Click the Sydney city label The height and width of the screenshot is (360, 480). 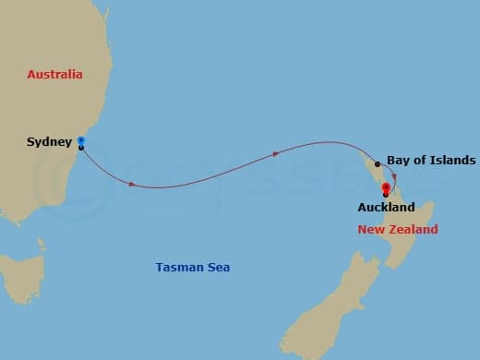(x=49, y=143)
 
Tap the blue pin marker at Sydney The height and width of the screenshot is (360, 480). (x=81, y=140)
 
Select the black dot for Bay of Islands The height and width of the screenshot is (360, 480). (x=378, y=164)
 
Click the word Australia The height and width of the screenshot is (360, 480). (x=55, y=74)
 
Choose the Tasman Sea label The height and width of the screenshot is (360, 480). (x=192, y=268)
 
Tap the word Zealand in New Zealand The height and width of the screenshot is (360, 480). (x=414, y=229)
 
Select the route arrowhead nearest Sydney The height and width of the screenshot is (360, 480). (x=132, y=185)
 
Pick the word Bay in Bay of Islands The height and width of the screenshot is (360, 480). (x=398, y=160)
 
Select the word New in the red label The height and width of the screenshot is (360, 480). (x=371, y=229)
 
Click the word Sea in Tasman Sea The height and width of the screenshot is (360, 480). (x=218, y=268)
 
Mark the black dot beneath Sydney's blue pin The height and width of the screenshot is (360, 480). (x=81, y=148)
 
